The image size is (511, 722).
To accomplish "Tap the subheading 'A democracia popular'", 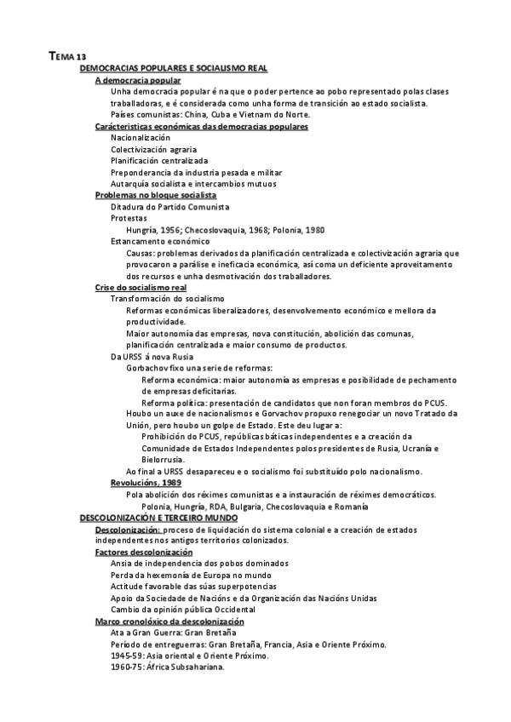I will click(137, 79).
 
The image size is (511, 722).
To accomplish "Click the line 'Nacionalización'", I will click(141, 138).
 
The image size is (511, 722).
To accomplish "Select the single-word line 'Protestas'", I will click(129, 218).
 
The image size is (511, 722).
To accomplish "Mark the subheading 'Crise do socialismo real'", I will click(141, 288).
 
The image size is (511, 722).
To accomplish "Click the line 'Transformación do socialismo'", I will click(168, 300).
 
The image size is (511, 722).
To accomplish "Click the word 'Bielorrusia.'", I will click(165, 460).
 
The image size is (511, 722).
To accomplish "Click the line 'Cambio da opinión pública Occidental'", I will click(182, 610).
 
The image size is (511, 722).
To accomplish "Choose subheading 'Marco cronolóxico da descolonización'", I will click(168, 622).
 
